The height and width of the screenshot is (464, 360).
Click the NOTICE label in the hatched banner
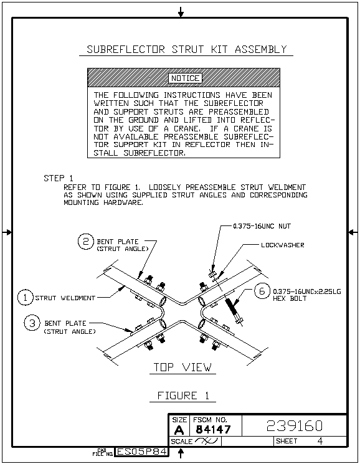pyautogui.click(x=185, y=78)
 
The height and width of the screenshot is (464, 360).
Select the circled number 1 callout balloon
pyautogui.click(x=25, y=298)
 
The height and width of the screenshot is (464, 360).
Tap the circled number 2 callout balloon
pyautogui.click(x=85, y=242)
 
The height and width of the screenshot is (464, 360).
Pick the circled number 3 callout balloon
pyautogui.click(x=32, y=323)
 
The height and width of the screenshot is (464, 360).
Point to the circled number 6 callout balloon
pyautogui.click(x=262, y=291)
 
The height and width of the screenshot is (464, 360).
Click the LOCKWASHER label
pyautogui.click(x=283, y=245)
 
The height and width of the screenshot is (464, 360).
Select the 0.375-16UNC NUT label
pyautogui.click(x=262, y=226)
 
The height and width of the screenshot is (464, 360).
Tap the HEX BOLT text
pyautogui.click(x=290, y=298)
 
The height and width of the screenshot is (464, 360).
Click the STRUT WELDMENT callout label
pyautogui.click(x=65, y=298)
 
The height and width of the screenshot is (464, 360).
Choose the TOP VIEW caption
pyautogui.click(x=182, y=367)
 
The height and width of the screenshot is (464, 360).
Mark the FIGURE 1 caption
pyautogui.click(x=183, y=395)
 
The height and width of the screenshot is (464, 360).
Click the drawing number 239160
pyautogui.click(x=295, y=426)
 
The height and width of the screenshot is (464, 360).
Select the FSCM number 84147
pyautogui.click(x=213, y=429)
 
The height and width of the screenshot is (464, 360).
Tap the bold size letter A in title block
pyautogui.click(x=179, y=430)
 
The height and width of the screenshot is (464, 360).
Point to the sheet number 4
pyautogui.click(x=320, y=441)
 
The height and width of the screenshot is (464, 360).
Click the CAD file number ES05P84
pyautogui.click(x=141, y=452)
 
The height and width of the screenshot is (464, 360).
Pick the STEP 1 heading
pyautogui.click(x=59, y=178)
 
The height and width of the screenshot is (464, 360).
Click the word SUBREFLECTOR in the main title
pyautogui.click(x=126, y=49)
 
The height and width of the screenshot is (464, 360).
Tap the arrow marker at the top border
pyautogui.click(x=181, y=12)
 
